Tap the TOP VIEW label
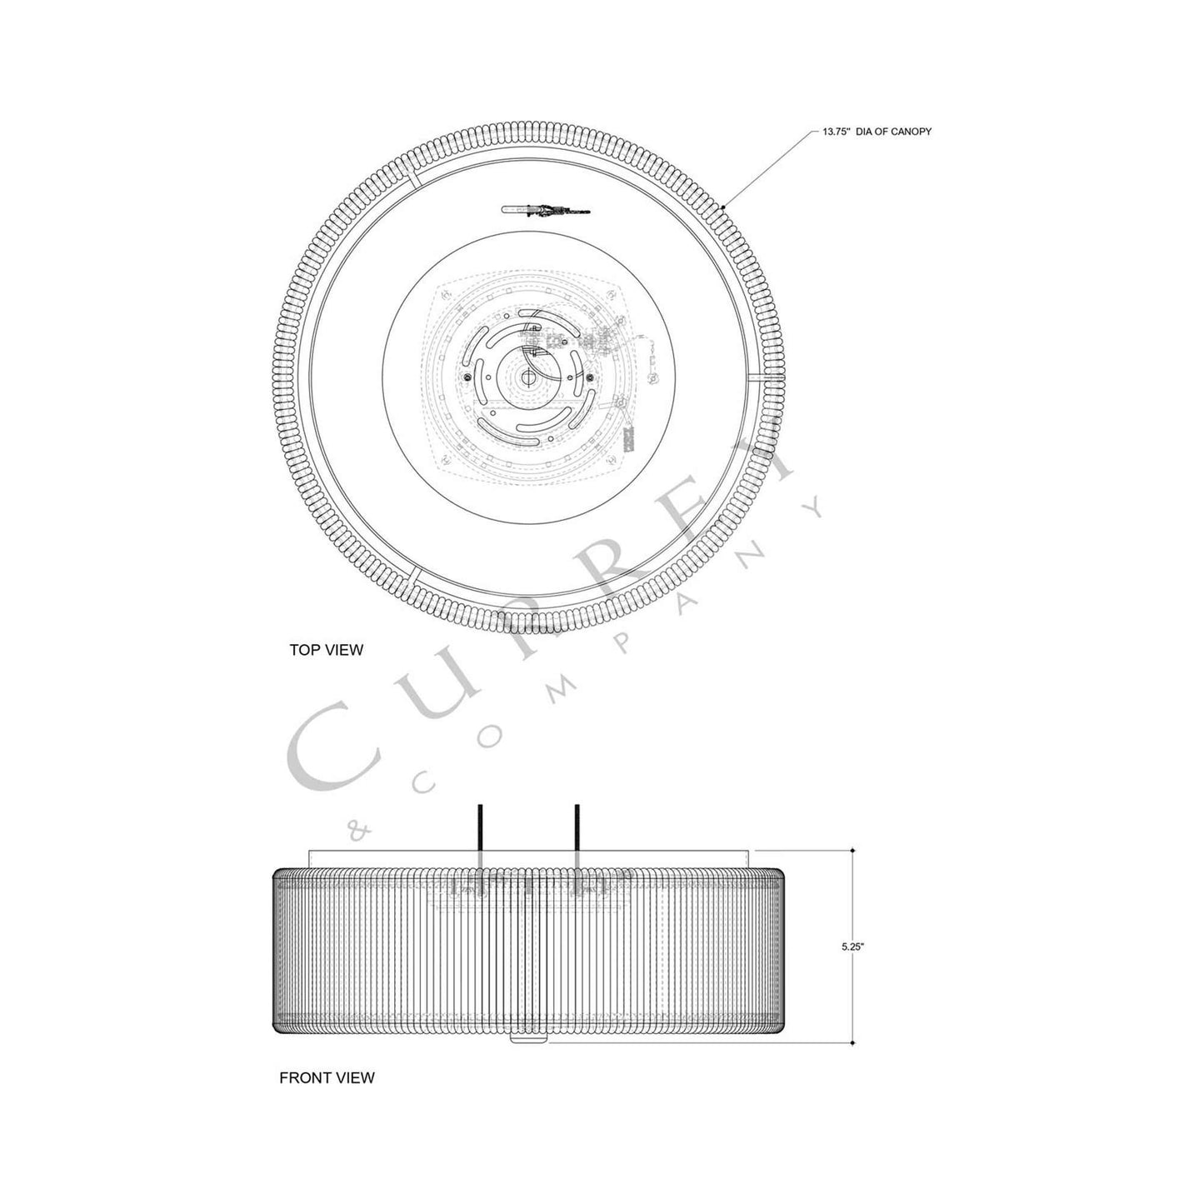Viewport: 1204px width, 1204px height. (x=326, y=650)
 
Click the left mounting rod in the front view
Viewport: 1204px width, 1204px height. (x=480, y=832)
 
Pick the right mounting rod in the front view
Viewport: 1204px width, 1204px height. (x=576, y=832)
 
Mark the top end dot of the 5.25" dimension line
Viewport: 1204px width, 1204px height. (x=852, y=851)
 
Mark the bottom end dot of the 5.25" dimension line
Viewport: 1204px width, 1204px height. (x=852, y=1042)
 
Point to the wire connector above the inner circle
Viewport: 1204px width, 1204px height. (x=546, y=210)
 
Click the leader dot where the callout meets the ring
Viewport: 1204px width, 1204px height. (x=725, y=207)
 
